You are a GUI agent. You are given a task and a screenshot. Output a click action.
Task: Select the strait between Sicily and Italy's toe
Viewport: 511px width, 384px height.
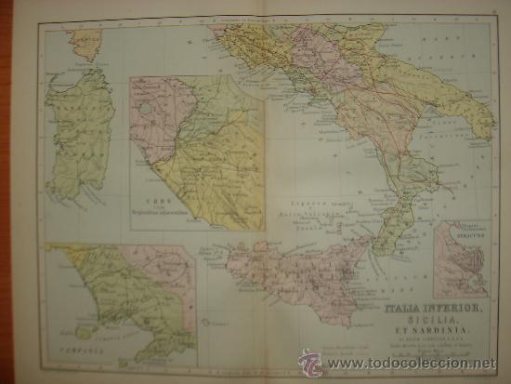pos(370,244)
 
